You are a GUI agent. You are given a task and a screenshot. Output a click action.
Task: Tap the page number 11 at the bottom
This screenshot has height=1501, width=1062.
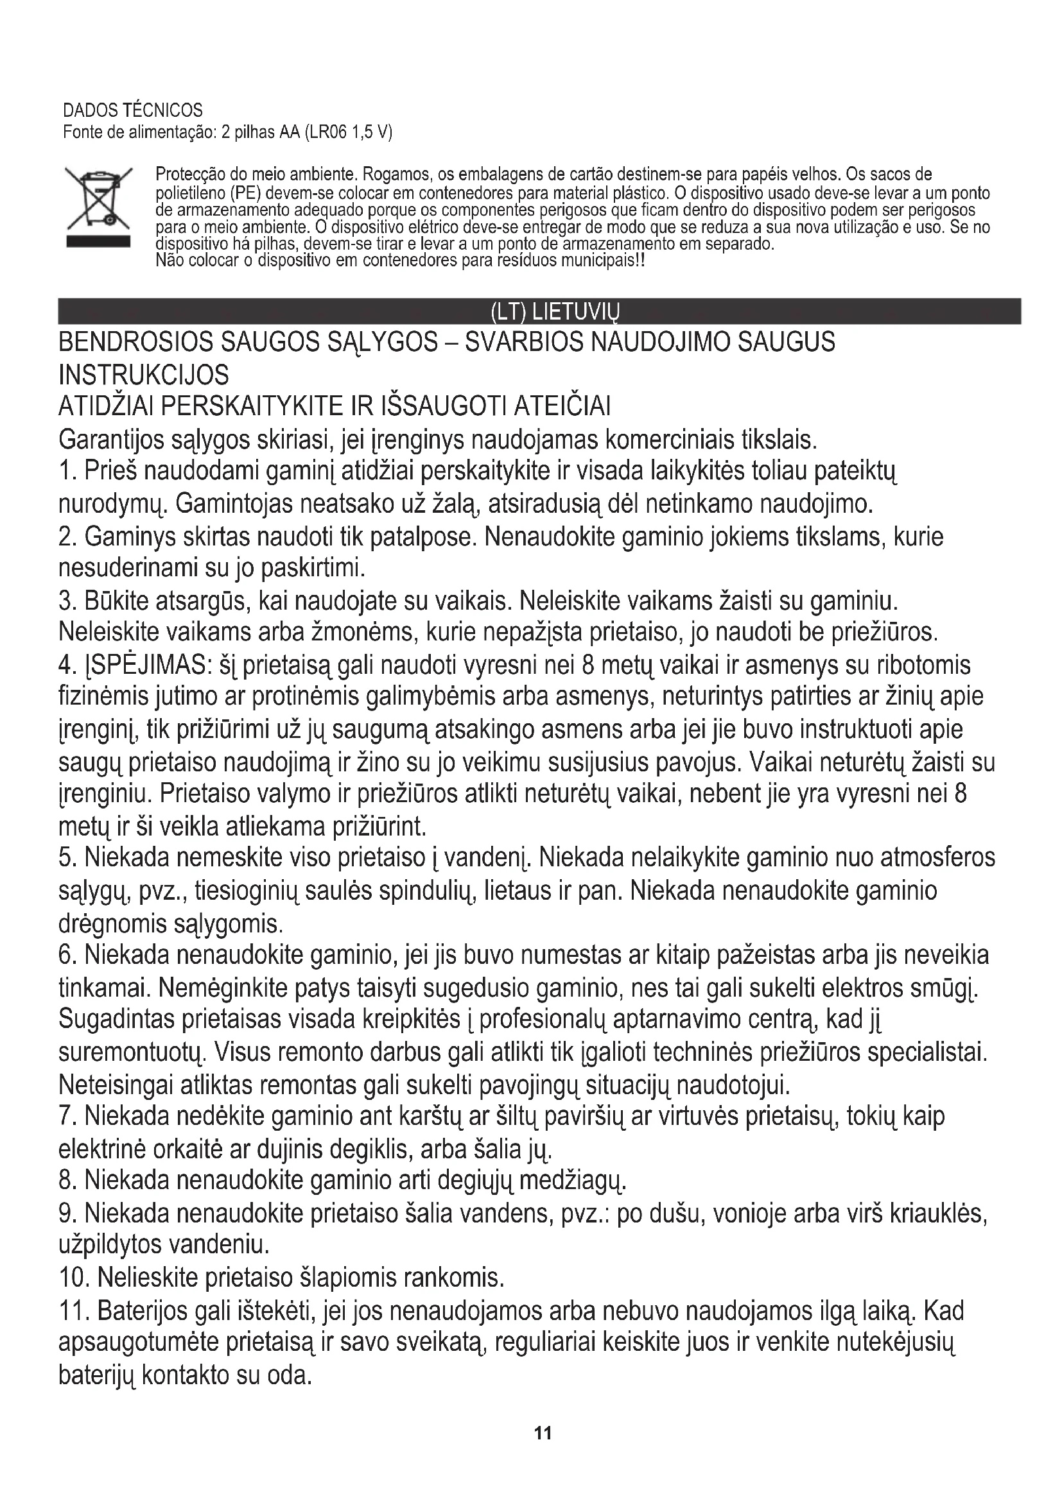point(543,1433)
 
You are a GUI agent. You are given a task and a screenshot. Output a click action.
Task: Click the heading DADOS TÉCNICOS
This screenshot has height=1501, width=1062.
point(133,110)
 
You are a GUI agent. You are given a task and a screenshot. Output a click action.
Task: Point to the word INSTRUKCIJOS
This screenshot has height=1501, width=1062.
point(144,375)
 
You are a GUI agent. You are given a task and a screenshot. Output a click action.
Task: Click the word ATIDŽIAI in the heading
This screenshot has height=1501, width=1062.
point(106,407)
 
